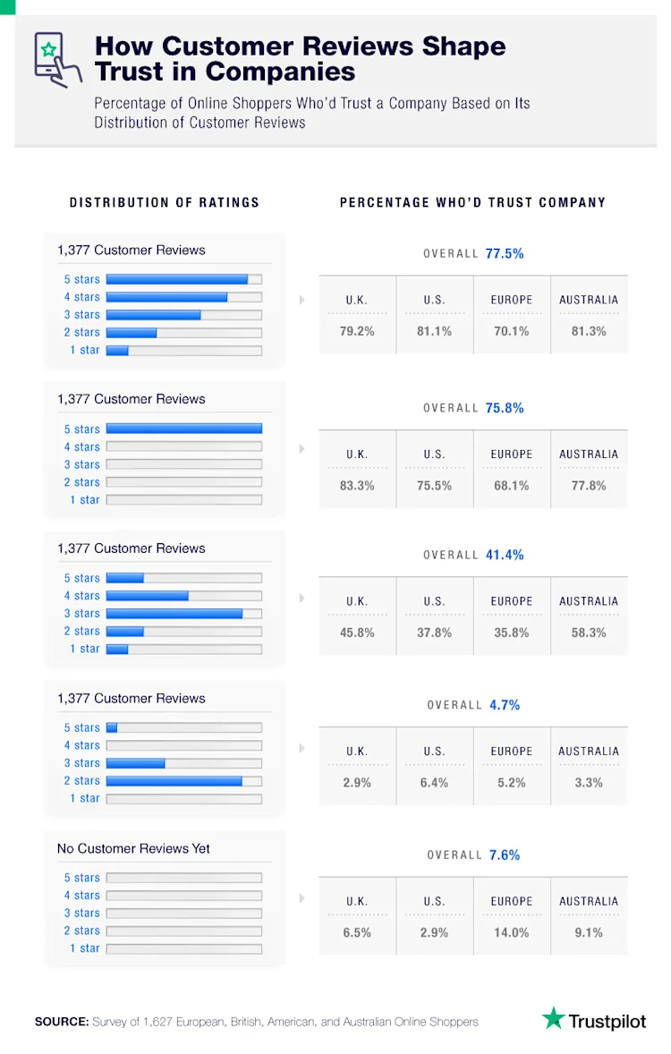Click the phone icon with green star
point(51,59)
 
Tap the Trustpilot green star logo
point(554,1018)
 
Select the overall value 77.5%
point(505,254)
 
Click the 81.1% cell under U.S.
point(434,331)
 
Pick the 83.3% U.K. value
point(357,486)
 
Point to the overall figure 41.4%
point(505,556)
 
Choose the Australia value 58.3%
point(589,633)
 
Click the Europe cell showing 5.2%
point(512,783)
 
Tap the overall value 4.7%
point(505,705)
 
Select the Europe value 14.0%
point(512,932)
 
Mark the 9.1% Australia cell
point(589,932)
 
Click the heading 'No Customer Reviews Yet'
point(133,848)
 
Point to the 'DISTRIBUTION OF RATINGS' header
point(165,203)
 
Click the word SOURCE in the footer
point(61,1021)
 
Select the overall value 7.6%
point(505,855)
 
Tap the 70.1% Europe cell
point(512,331)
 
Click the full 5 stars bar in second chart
point(183,429)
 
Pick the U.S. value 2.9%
point(434,932)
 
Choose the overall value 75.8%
point(505,408)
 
